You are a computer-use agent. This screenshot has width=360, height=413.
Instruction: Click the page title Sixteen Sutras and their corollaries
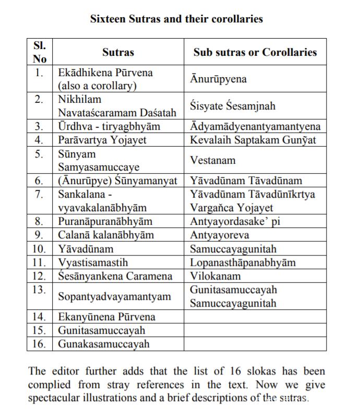(176, 19)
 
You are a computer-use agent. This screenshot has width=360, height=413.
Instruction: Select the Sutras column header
(118, 52)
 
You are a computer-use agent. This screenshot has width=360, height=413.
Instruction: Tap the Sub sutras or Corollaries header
(255, 52)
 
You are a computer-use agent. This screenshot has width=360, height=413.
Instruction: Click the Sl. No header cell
(40, 52)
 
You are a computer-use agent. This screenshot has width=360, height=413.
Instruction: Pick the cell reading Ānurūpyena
(218, 79)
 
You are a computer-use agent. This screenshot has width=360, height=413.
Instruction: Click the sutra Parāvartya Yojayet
(102, 140)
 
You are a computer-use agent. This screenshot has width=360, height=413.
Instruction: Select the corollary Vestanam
(212, 161)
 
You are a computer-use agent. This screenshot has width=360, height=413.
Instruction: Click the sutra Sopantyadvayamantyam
(114, 297)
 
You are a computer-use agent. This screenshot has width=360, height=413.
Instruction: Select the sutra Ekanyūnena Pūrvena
(106, 317)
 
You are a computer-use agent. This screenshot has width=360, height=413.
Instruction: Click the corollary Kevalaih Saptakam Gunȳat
(253, 140)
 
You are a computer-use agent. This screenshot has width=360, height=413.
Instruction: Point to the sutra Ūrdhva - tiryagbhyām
(109, 127)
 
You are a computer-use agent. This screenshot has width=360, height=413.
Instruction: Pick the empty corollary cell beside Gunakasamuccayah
(255, 344)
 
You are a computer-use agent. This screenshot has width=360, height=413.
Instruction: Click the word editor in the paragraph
(71, 372)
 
